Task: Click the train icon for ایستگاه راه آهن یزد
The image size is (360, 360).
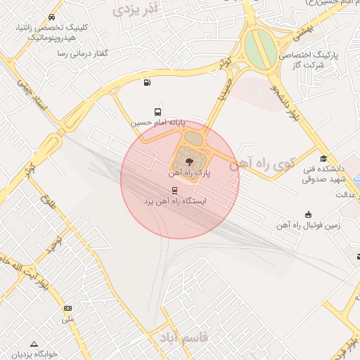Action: pos(174,191)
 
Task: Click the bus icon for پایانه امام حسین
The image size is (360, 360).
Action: pos(157,112)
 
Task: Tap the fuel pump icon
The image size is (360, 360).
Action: pos(146,83)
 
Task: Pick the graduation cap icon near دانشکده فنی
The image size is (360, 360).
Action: pos(323,159)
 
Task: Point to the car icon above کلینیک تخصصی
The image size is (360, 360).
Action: pos(52,17)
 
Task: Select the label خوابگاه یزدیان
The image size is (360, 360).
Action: pos(34,354)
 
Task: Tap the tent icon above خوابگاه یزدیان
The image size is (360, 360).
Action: pos(34,343)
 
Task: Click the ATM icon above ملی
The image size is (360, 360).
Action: pos(67,308)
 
